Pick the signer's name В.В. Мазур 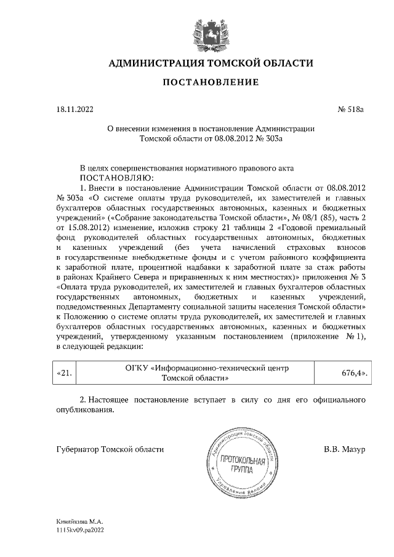[x=345, y=450]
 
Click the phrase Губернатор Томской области [x=110, y=450]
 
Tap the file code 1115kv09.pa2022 [x=78, y=529]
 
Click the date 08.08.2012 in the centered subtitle [x=230, y=139]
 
